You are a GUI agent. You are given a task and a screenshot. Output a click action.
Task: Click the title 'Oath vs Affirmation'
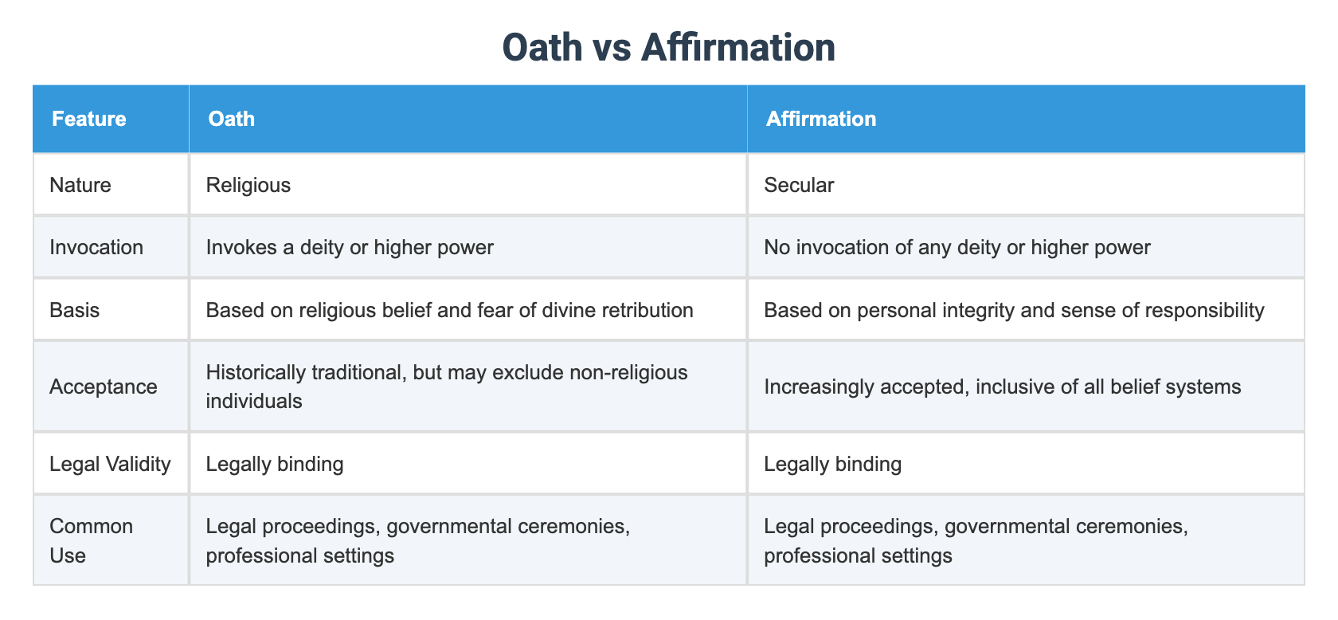coord(668,48)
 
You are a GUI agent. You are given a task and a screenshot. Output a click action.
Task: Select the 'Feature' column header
coord(89,119)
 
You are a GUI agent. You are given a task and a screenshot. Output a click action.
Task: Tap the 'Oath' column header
coord(231,119)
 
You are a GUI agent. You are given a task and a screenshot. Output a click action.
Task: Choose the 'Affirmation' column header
coord(820,119)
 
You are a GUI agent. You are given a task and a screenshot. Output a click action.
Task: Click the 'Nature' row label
coord(80,185)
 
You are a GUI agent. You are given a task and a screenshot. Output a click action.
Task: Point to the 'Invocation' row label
coord(96,247)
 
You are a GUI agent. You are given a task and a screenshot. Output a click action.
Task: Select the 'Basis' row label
coord(75,309)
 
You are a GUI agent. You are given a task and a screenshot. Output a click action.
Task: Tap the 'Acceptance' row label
coord(104,387)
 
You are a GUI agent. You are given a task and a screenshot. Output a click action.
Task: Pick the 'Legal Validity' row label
coord(110,464)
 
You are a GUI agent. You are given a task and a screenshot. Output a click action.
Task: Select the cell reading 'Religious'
coord(248,185)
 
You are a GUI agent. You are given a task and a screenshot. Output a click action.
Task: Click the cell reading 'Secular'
coord(799,185)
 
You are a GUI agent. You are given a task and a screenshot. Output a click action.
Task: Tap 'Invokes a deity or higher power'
coord(350,247)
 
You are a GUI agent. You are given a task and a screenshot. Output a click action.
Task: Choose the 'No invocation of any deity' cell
coord(957,247)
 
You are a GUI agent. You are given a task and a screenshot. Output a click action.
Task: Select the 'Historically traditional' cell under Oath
coord(446,387)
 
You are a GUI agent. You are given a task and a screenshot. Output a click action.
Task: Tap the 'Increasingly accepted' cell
coord(1002,387)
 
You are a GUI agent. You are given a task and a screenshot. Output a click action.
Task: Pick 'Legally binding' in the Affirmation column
coord(832,464)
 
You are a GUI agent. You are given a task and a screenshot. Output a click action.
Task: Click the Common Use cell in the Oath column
coord(417,540)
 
